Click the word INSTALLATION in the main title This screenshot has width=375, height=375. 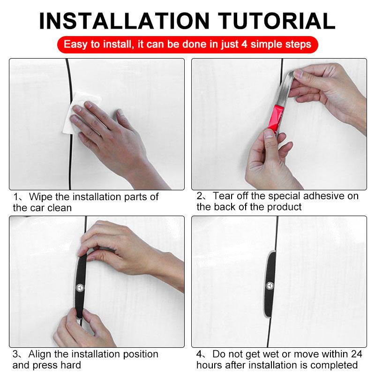(124, 21)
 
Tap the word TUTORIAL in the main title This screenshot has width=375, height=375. (277, 21)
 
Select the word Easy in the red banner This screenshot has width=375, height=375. (76, 45)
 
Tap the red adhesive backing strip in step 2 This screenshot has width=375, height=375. (276, 118)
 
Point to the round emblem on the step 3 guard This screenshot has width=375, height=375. (80, 288)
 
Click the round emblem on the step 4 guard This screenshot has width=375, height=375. (270, 286)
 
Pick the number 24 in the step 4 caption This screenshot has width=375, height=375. (357, 354)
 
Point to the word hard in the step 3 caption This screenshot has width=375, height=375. (71, 365)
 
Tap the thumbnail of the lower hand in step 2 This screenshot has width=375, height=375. (269, 135)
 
